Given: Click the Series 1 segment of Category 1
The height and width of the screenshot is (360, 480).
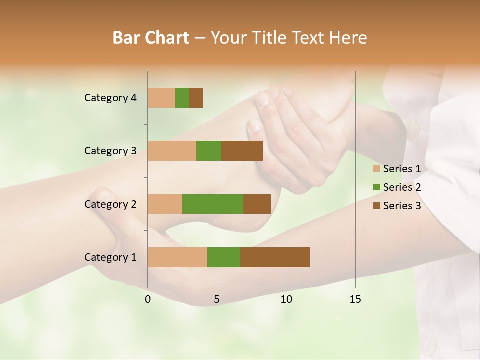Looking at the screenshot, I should point(177,257).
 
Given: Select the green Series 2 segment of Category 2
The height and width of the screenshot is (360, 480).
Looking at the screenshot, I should point(213,204).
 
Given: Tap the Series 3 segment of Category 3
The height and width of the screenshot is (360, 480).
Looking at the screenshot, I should point(242,151).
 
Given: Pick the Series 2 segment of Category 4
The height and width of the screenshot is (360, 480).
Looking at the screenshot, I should point(182,98).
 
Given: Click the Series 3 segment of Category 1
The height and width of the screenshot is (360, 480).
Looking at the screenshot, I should point(275,257).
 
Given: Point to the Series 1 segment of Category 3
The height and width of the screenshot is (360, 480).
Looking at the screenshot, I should point(172,151).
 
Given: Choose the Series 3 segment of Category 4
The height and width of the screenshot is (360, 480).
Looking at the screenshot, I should point(196,98).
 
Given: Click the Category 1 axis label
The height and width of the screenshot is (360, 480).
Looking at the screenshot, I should point(110,257).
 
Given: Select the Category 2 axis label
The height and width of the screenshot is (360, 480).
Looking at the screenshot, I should point(110,204).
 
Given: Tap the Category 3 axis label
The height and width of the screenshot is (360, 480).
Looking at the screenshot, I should point(110,151).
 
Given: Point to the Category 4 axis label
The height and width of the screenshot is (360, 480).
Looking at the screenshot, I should point(110,98).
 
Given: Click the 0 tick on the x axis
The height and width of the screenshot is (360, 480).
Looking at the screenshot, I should point(148,299).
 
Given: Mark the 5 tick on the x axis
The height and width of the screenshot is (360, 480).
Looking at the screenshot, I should point(217,299).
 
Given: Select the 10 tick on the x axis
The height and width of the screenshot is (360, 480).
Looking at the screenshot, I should point(286,299).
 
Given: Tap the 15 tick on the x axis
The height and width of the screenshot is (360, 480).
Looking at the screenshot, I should point(355,299).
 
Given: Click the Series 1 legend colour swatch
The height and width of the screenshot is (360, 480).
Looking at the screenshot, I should point(377,169).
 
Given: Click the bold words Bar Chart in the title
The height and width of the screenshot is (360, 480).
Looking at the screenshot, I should point(151,38).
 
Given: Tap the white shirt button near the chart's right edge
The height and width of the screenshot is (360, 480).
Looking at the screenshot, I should point(414,131).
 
